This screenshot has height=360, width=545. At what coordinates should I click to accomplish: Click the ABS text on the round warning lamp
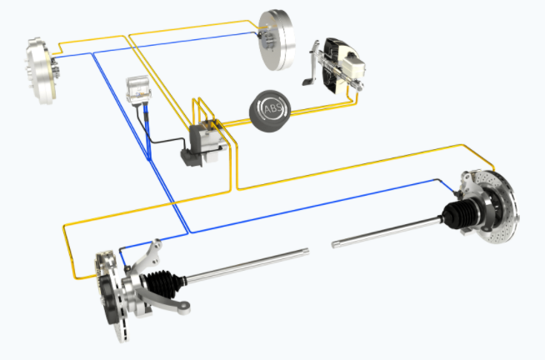click(x=273, y=109)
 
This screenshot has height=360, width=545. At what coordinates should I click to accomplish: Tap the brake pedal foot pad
click(x=307, y=82)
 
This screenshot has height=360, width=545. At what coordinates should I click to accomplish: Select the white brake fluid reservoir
click(x=353, y=66)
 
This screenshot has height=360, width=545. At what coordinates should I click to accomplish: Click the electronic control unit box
click(x=138, y=89)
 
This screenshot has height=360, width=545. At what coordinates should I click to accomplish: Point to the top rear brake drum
click(x=277, y=39)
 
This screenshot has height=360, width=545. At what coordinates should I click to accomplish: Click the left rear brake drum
click(x=41, y=71)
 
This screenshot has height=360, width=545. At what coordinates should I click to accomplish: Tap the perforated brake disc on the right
click(x=497, y=206)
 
